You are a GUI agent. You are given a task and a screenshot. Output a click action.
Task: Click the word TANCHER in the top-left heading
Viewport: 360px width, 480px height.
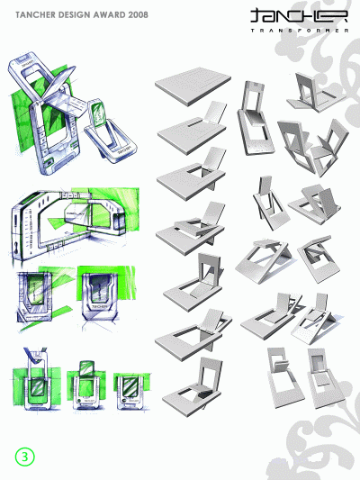coord(35,15)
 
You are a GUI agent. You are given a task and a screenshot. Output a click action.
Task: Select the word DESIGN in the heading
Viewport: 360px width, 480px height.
coord(79,15)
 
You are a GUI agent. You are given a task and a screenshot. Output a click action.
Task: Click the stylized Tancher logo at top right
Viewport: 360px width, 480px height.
coord(287,15)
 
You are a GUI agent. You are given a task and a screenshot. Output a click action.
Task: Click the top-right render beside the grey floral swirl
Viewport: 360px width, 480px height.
coord(310,90)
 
